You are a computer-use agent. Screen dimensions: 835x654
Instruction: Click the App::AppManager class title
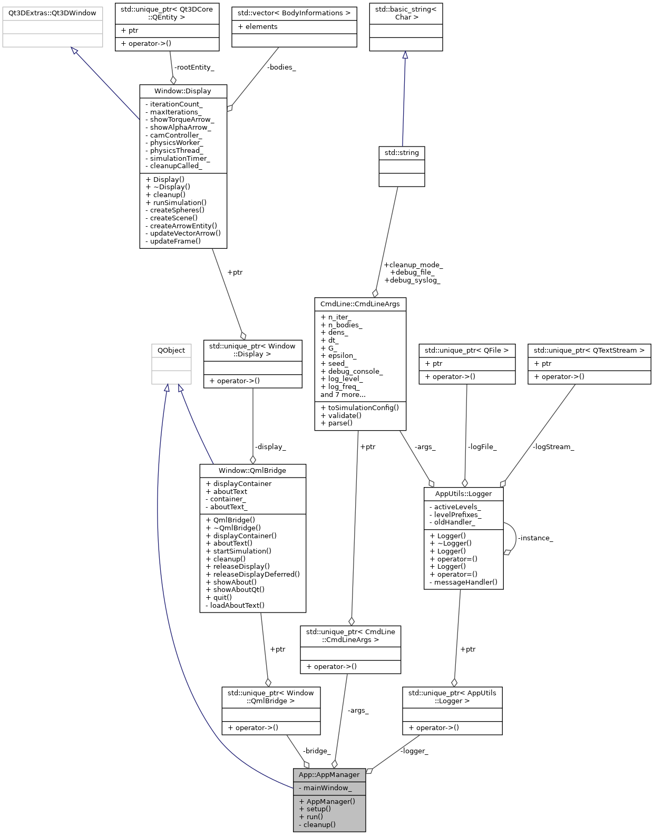[329, 774]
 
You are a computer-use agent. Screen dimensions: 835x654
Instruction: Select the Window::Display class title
[182, 91]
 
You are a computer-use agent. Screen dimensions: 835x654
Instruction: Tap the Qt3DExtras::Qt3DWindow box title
[52, 13]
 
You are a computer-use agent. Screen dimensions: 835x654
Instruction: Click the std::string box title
[402, 153]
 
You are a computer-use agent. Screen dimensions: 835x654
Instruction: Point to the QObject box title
[171, 350]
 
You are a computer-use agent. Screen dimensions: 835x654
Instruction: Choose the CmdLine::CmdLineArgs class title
[360, 304]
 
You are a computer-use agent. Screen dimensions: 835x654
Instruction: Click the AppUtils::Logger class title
[463, 494]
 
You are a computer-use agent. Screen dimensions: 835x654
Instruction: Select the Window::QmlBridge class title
[252, 470]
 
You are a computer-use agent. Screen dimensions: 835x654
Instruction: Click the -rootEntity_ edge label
[194, 67]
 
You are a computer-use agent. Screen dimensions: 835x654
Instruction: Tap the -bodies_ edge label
[281, 67]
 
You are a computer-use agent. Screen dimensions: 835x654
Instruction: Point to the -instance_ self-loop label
[535, 538]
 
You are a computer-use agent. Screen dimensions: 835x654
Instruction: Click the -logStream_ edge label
[553, 447]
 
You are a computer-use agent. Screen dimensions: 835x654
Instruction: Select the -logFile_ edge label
[482, 447]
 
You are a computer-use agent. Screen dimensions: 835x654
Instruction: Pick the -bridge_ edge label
[317, 751]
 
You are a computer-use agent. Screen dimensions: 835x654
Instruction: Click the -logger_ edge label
[414, 751]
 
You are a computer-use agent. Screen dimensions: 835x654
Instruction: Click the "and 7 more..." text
[343, 394]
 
